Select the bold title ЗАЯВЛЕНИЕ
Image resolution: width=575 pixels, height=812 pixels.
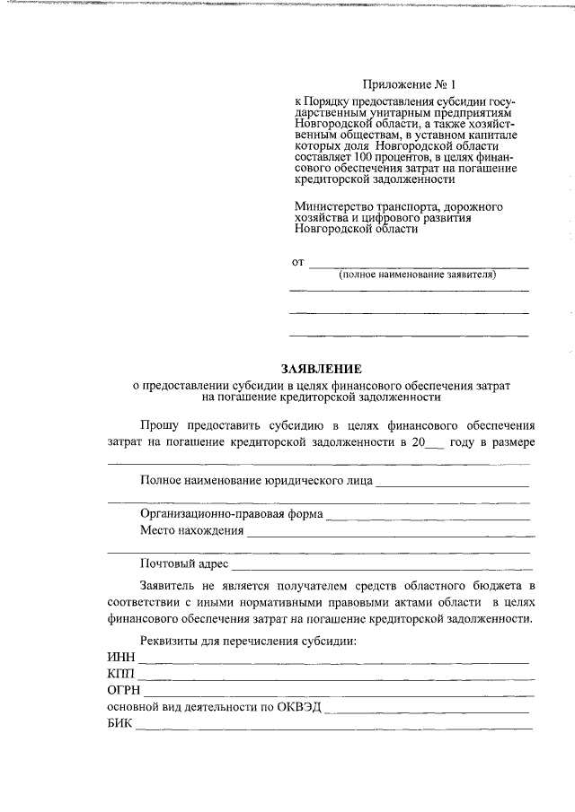tap(321, 369)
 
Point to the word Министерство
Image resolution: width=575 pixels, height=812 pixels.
tap(333, 206)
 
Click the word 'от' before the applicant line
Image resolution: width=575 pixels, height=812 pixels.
tap(297, 263)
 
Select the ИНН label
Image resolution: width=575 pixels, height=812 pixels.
tap(119, 658)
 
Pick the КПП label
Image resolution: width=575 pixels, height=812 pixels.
tap(119, 674)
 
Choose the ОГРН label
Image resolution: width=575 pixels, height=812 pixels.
tap(123, 690)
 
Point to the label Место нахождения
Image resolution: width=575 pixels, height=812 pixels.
tap(191, 530)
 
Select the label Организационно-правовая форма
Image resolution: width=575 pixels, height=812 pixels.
tap(231, 514)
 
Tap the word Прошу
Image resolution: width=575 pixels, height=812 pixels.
tap(160, 425)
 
